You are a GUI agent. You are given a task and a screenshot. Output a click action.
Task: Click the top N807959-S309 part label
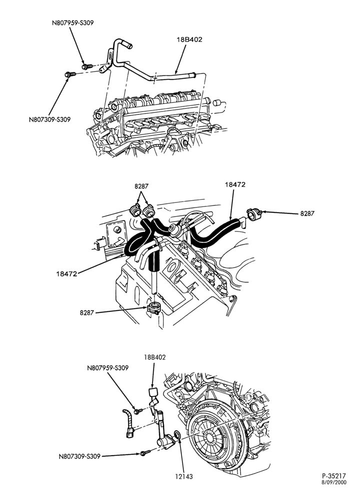point(72,23)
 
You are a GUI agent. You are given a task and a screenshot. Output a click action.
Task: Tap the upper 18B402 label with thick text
point(189,40)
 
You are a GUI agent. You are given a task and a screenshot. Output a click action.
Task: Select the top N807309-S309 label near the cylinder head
point(49,119)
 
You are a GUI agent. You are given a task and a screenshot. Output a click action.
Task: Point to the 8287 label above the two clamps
point(141,186)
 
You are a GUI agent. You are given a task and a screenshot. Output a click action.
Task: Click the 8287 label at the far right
point(307,213)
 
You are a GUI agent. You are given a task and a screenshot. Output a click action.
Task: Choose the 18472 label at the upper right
point(235,184)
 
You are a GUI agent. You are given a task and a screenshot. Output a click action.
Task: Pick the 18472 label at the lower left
point(66,274)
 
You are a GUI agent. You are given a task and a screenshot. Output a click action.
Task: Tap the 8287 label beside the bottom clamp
point(86,313)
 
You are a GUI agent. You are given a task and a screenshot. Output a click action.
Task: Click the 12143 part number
point(183,476)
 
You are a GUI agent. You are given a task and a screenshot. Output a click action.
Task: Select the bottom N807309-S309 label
point(79,456)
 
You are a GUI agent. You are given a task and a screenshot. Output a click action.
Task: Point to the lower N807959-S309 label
point(108,368)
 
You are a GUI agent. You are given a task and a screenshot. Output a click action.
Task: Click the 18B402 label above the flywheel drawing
point(154,357)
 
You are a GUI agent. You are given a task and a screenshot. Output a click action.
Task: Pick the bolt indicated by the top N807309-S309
point(70,74)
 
